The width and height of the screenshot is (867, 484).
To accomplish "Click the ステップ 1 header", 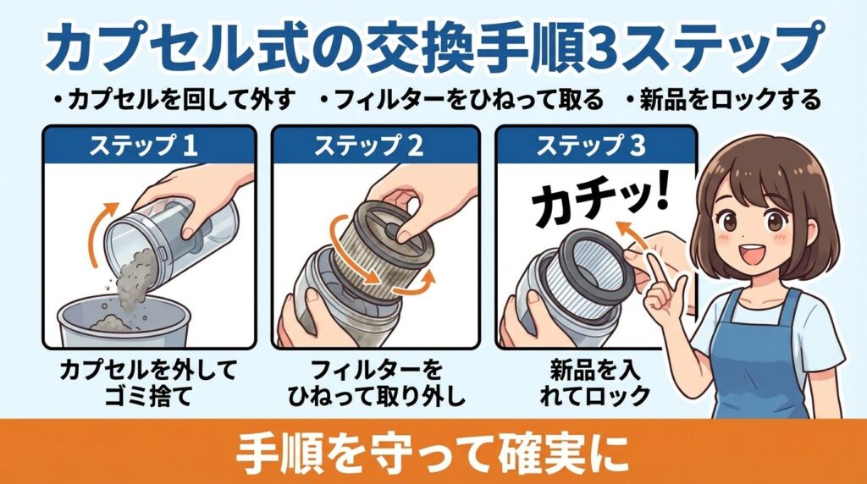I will tap(149, 146).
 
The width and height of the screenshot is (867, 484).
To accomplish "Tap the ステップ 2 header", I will tap(369, 146).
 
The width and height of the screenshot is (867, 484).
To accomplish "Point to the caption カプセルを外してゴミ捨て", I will tap(148, 382).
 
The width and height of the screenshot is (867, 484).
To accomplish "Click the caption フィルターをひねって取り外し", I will tap(369, 382).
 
